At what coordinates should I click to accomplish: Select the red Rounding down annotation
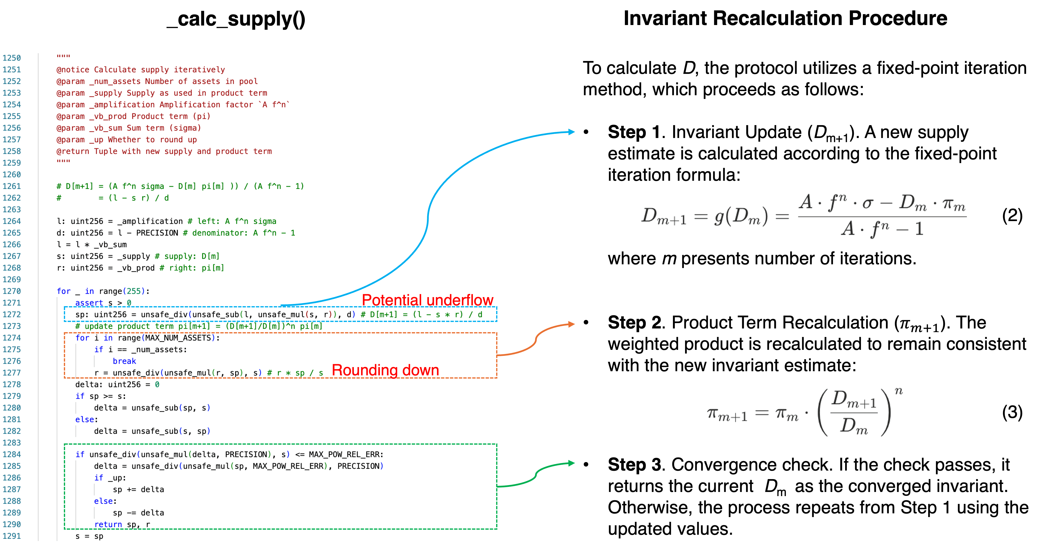[x=385, y=370]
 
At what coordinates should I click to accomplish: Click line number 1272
[x=11, y=314]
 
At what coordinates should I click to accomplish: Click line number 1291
[x=11, y=536]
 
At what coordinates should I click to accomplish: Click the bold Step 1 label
[x=634, y=132]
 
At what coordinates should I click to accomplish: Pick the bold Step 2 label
[x=634, y=323]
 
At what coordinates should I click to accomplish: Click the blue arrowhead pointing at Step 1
[x=572, y=132]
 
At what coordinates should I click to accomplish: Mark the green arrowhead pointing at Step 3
[x=572, y=463]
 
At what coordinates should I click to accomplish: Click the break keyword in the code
[x=124, y=361]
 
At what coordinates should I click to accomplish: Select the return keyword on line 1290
[x=108, y=524]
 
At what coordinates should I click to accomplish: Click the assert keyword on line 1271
[x=89, y=303]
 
